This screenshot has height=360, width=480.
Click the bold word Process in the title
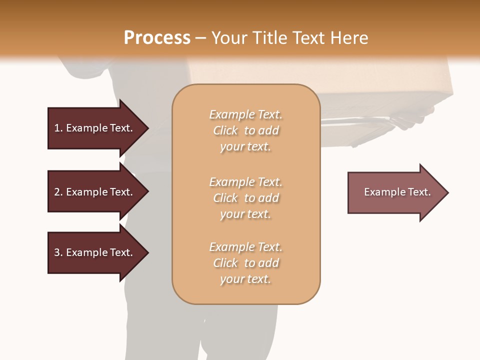[157, 38]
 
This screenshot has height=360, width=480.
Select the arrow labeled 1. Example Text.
[94, 128]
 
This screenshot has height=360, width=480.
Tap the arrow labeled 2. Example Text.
[94, 192]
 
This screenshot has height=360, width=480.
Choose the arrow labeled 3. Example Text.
[94, 252]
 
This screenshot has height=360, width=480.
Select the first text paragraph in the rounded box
[245, 130]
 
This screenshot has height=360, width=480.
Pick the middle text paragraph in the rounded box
[245, 198]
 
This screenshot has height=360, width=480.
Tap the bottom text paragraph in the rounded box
[245, 263]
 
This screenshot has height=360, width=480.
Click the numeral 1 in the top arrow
[57, 128]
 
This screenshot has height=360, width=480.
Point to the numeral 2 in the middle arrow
[57, 192]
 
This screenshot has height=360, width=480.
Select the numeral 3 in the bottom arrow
[57, 252]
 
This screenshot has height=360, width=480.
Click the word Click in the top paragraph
[225, 130]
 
